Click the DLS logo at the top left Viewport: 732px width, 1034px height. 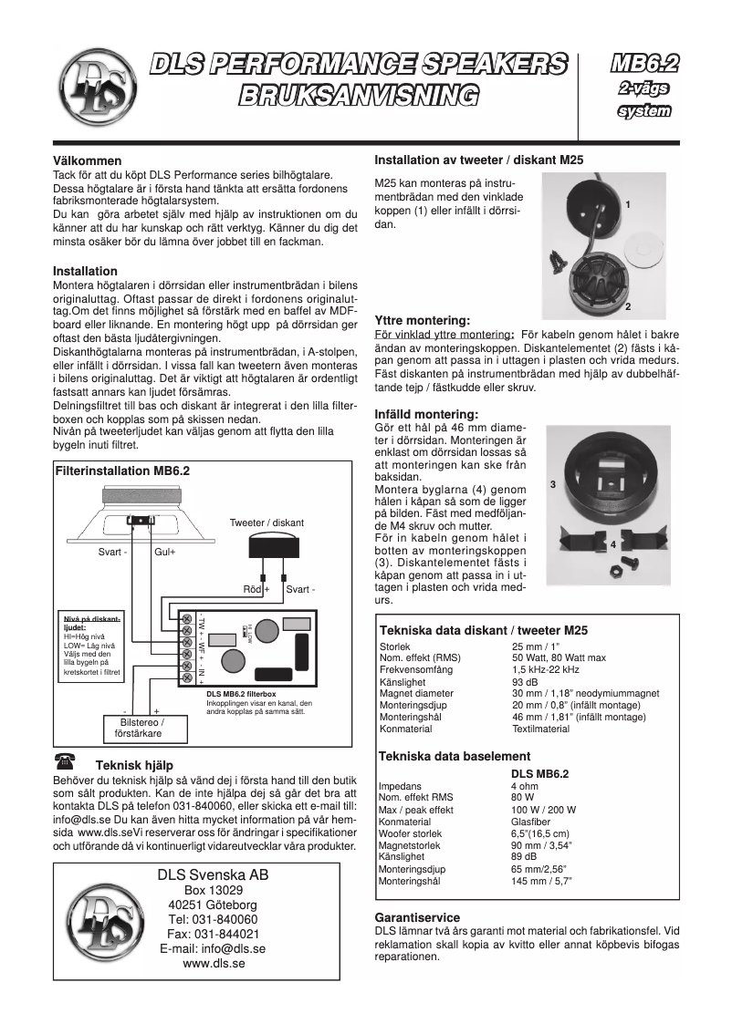(94, 78)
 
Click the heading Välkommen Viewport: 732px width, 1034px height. (88, 160)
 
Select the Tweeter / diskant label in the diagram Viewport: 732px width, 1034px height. (267, 522)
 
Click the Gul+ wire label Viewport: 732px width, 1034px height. (165, 553)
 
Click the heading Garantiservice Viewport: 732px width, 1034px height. (417, 917)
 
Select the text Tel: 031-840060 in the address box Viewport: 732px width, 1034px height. (212, 919)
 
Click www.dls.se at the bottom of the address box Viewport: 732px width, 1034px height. (212, 963)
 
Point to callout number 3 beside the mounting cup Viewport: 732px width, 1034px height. (553, 486)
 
